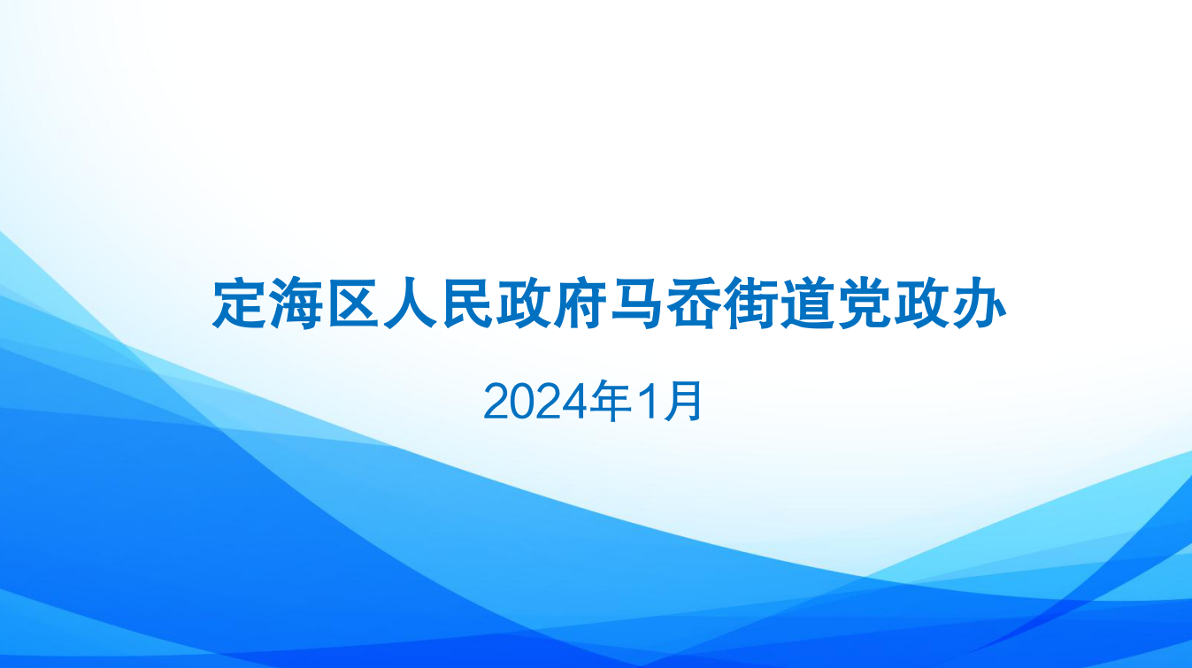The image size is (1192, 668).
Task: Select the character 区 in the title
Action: coord(353,303)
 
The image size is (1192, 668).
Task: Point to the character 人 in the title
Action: coord(410,303)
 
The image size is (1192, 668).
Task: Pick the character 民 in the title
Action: coord(466,303)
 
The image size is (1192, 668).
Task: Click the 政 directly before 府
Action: coord(524,303)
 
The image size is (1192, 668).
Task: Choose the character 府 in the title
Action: coord(581,303)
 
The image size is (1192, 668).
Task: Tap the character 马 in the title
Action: coord(637,303)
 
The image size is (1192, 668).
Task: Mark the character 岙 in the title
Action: coord(694,303)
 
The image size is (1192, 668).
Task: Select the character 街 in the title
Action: coord(750,303)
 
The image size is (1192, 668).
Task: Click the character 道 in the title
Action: coord(808,303)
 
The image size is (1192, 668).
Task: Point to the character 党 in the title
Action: coord(865,303)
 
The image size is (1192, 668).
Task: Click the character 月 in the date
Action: coord(683,401)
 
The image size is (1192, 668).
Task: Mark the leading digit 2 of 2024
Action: coord(497,402)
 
